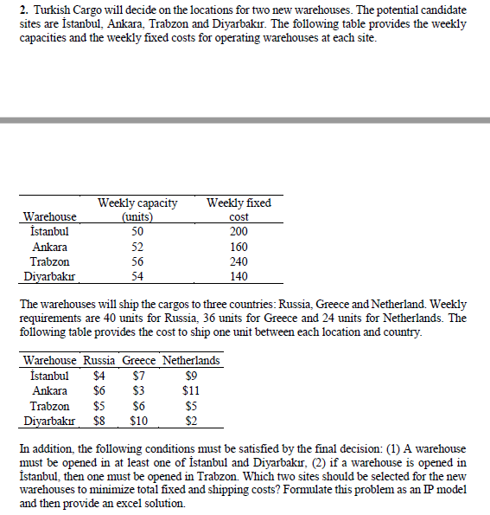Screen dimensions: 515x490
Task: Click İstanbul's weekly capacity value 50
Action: point(137,232)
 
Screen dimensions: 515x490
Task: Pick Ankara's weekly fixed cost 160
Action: point(239,247)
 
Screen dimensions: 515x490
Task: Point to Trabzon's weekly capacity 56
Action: point(137,261)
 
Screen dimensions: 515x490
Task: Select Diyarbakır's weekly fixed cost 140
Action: point(239,277)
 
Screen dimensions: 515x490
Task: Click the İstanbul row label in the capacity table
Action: point(49,232)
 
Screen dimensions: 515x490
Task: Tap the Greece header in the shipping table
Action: point(138,360)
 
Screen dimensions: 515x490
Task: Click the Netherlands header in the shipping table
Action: point(191,360)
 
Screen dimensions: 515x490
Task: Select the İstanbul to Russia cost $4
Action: point(99,376)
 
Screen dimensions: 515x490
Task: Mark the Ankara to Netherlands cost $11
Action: point(191,390)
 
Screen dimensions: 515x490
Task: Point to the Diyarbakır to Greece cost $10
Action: point(138,422)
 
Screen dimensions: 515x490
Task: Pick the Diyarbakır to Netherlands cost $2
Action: point(191,422)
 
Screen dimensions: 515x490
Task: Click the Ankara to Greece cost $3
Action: point(138,390)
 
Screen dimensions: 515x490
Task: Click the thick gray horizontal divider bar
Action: point(245,120)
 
